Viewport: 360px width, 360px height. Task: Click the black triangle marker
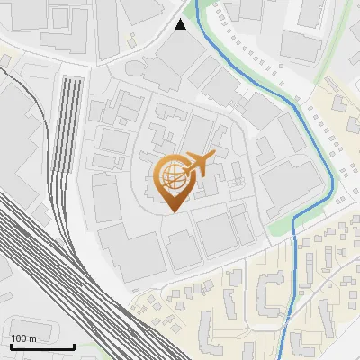181,24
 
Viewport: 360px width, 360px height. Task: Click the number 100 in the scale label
19,338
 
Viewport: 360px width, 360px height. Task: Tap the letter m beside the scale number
31,338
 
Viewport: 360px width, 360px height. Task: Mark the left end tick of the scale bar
11,345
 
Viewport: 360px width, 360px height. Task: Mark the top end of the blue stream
209,2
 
